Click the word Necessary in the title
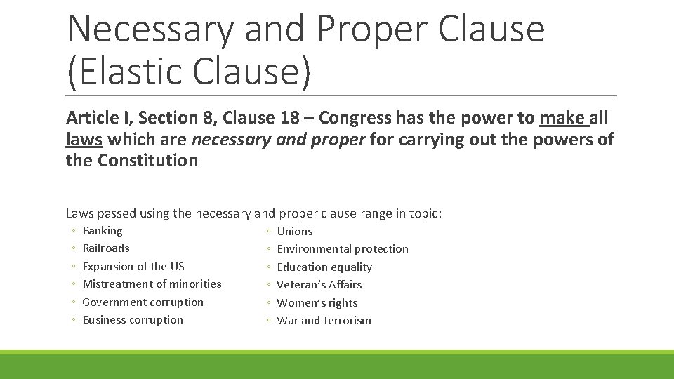tap(151, 29)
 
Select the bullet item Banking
tap(103, 231)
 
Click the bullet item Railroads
tap(106, 248)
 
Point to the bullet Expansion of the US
tap(133, 266)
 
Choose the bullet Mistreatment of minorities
tap(152, 284)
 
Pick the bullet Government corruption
tap(143, 302)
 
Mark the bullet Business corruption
tap(133, 320)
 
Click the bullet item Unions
tap(295, 232)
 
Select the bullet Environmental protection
tap(343, 249)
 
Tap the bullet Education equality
tap(324, 267)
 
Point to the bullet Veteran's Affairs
tap(319, 285)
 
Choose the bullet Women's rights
tap(317, 302)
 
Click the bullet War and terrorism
tap(324, 321)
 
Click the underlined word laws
tap(84, 140)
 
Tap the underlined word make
tap(562, 117)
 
